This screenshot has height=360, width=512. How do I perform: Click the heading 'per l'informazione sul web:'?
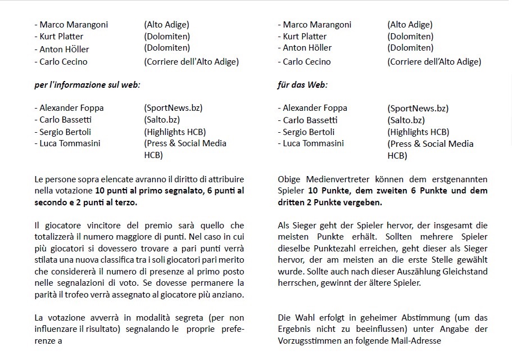point(87,85)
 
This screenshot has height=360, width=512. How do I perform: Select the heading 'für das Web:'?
point(302,85)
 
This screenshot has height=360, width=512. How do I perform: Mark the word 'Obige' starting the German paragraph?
point(289,179)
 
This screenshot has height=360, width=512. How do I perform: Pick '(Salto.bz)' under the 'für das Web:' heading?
point(406,120)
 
